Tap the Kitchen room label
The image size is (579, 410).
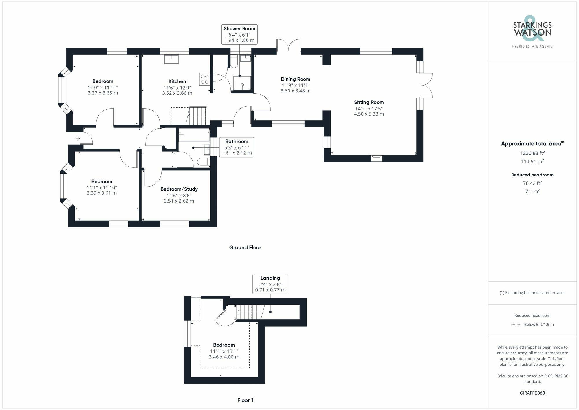(177, 81)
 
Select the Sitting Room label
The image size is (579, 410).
(369, 102)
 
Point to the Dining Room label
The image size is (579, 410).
(295, 79)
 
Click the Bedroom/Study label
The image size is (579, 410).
(179, 189)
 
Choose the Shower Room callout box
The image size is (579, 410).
(239, 34)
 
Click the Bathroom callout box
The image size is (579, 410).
(237, 147)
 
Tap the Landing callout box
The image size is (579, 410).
(270, 284)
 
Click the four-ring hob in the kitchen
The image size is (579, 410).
(205, 79)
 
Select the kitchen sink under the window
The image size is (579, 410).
(171, 59)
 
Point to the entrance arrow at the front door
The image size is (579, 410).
(78, 138)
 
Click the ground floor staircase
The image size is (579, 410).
(196, 116)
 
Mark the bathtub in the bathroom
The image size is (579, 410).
(194, 135)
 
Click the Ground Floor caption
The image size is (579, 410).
(245, 247)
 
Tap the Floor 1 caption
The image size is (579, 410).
(245, 400)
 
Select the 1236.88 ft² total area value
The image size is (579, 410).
(532, 153)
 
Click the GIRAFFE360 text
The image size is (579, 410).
(532, 393)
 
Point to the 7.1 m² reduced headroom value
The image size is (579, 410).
(532, 191)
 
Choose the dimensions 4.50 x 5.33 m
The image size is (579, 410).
(369, 114)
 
